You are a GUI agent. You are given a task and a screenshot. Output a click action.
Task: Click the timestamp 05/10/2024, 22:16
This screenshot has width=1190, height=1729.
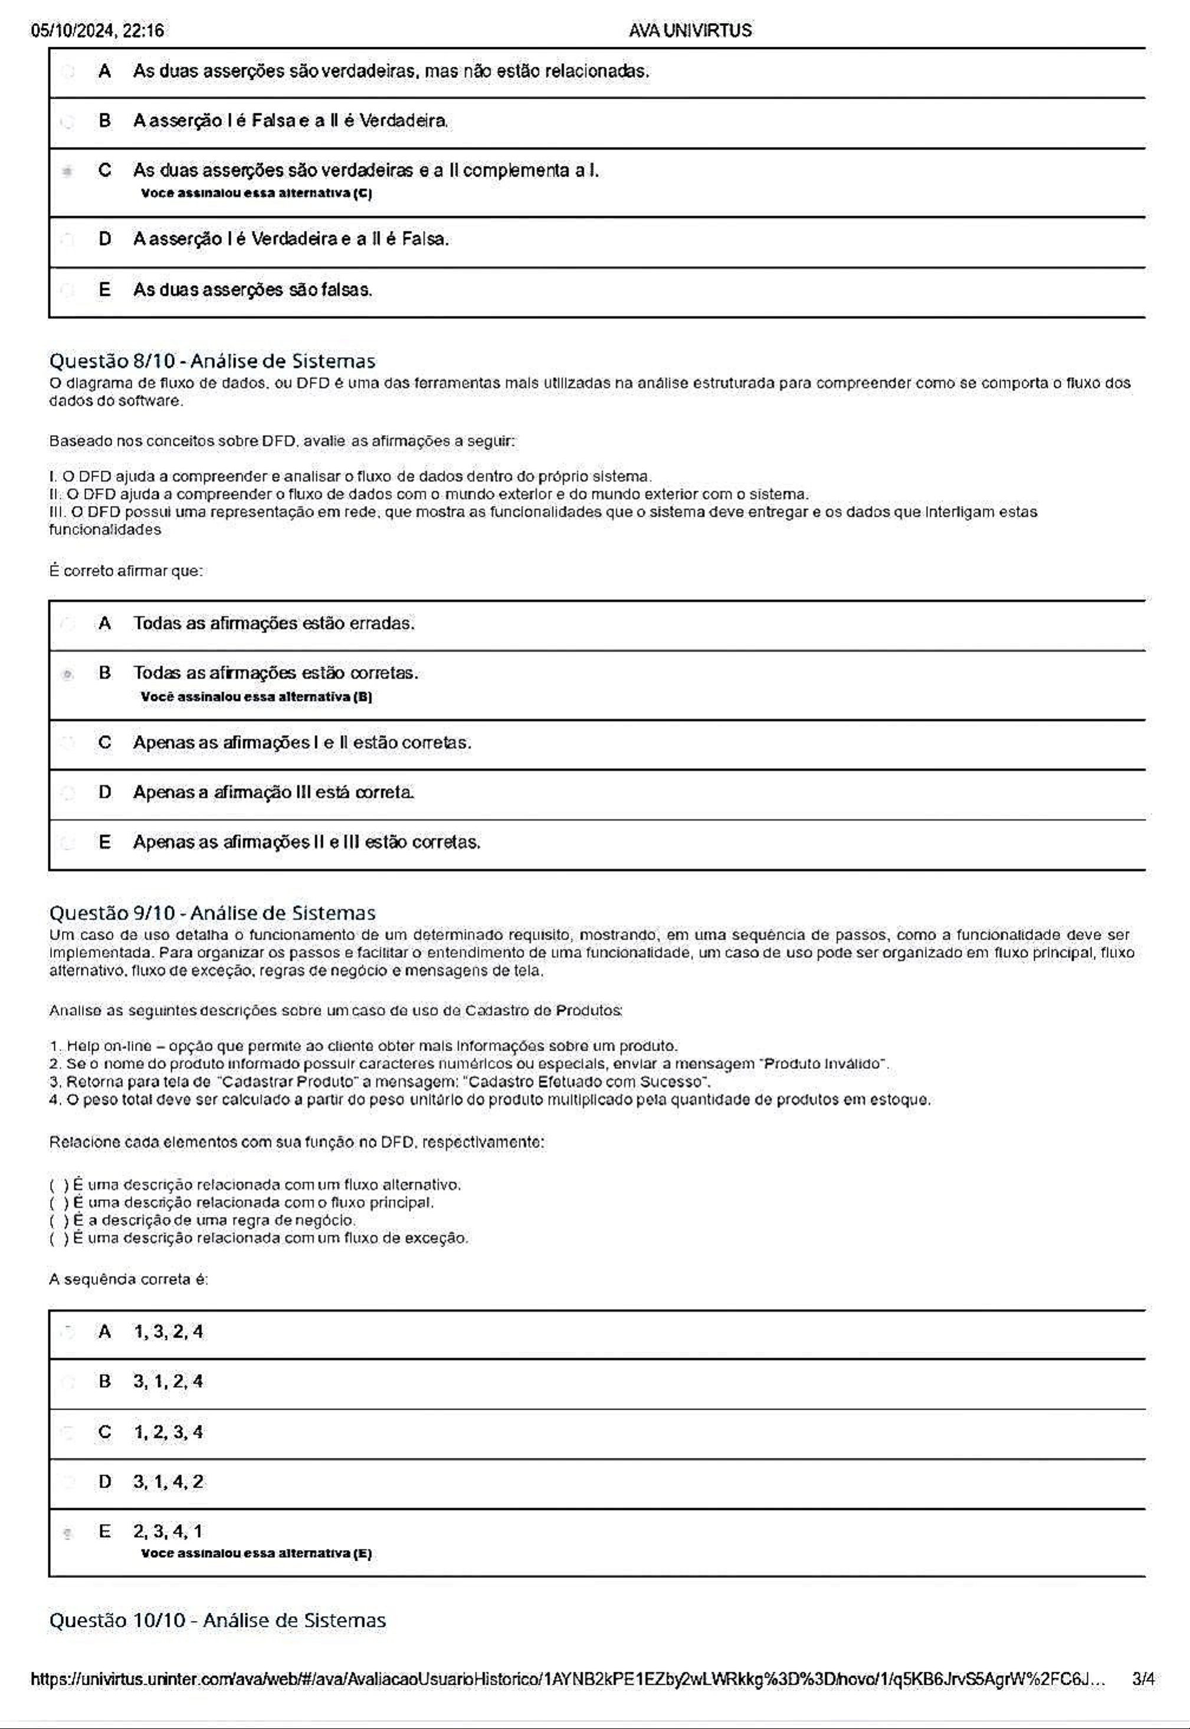[x=98, y=31]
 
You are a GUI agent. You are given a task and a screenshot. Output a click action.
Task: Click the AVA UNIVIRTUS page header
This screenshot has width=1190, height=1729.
[x=690, y=31]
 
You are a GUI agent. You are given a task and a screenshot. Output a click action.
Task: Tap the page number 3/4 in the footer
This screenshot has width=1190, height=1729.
[x=1142, y=1679]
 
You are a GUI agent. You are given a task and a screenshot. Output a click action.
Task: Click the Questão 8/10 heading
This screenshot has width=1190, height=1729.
[x=212, y=361]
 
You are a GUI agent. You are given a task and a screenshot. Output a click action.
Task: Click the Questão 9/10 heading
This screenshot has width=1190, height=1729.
[x=212, y=913]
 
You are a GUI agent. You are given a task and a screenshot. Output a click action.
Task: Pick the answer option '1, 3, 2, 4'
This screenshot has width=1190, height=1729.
[x=168, y=1332]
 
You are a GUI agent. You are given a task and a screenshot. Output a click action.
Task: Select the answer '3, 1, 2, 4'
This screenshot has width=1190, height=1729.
[x=168, y=1381]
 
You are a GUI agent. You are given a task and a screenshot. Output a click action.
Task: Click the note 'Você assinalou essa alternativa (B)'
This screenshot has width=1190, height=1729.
[x=255, y=697]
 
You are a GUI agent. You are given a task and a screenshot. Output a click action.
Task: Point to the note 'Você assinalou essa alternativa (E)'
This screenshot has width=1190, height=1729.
[x=255, y=1553]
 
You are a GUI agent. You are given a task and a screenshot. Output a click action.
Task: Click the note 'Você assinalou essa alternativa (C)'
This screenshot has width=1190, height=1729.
[x=255, y=193]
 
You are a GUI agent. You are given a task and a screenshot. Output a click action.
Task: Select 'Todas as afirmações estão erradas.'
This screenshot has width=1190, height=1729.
[x=274, y=623]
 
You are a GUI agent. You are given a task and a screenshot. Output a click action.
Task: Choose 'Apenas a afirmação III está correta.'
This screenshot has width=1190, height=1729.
[x=274, y=792]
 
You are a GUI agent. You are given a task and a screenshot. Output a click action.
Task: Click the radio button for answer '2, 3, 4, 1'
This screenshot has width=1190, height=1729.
[x=68, y=1534]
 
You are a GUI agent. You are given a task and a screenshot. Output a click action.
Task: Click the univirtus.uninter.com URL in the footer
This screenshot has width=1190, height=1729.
[x=566, y=1679]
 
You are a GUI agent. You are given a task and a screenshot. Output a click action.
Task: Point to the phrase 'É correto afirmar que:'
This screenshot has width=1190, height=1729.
[x=126, y=571]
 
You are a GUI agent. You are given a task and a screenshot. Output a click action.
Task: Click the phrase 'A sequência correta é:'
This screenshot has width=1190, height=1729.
[x=128, y=1279]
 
